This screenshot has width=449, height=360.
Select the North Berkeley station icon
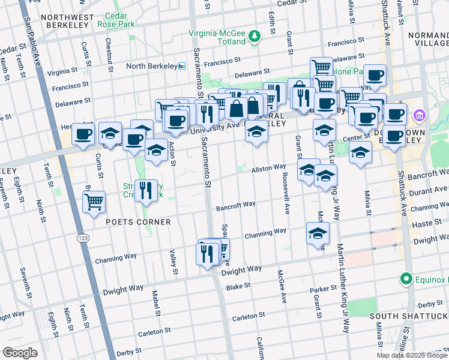182,66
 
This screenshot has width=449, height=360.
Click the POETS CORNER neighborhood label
138,222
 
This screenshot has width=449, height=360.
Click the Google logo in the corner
20,353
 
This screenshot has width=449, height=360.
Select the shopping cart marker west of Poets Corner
94,203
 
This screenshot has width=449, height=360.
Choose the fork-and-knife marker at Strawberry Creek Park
146,191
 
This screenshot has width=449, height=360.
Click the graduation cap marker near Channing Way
318,234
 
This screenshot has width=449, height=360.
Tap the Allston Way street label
268,168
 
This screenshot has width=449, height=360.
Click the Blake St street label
238,287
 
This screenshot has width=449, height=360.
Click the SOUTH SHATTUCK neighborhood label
408,316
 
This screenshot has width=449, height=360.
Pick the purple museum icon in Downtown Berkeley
419,114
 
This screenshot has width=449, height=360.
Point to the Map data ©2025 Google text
411,355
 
